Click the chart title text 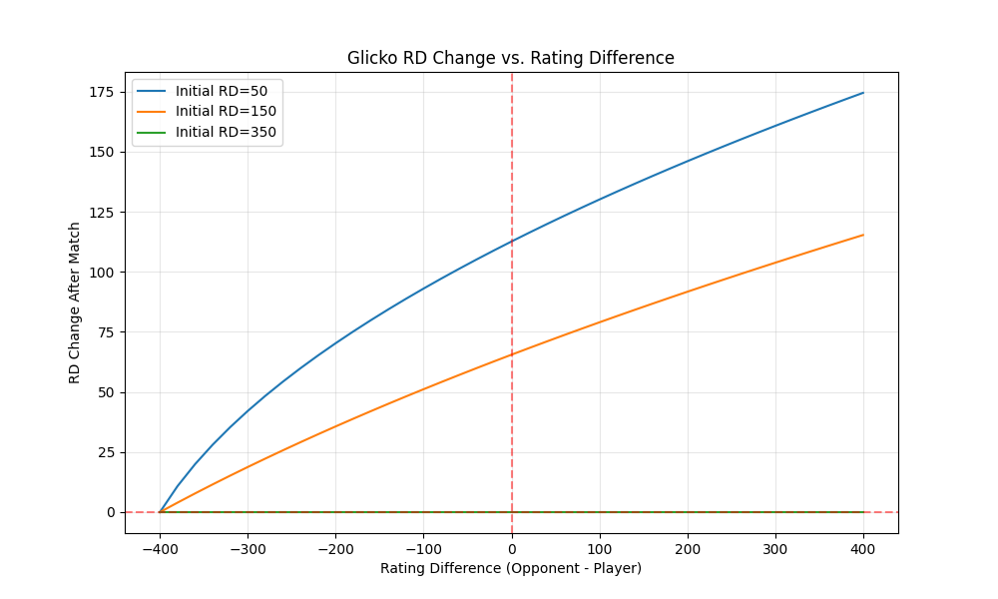(x=510, y=58)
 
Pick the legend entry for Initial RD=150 (x=225, y=111)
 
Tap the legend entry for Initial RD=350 (x=225, y=132)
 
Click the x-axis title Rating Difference (x=510, y=568)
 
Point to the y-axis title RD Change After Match (x=75, y=301)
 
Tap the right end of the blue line (x=863, y=93)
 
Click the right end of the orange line (x=863, y=235)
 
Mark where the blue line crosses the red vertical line (x=512, y=241)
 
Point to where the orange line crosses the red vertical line (x=512, y=353)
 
